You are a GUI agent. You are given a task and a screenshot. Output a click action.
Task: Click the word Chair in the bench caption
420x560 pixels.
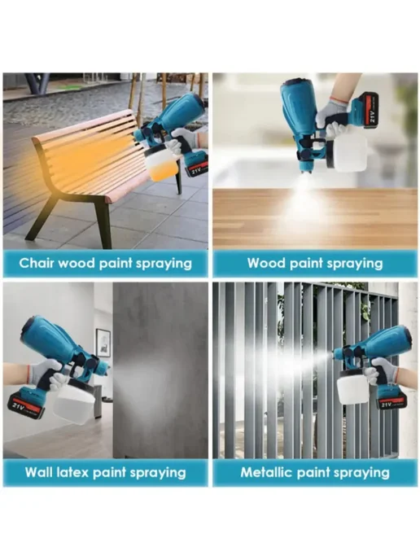[x=37, y=263]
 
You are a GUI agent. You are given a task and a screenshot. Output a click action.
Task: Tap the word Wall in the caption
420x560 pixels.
[x=38, y=472]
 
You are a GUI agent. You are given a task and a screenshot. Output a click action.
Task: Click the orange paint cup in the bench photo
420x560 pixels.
[x=162, y=164]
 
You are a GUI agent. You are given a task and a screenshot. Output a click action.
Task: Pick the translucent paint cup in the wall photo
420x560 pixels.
[x=75, y=400]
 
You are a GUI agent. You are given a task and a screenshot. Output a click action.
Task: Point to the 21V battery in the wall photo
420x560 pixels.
[x=26, y=403]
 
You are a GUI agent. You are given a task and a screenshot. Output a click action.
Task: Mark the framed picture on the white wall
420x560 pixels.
[x=103, y=343]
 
